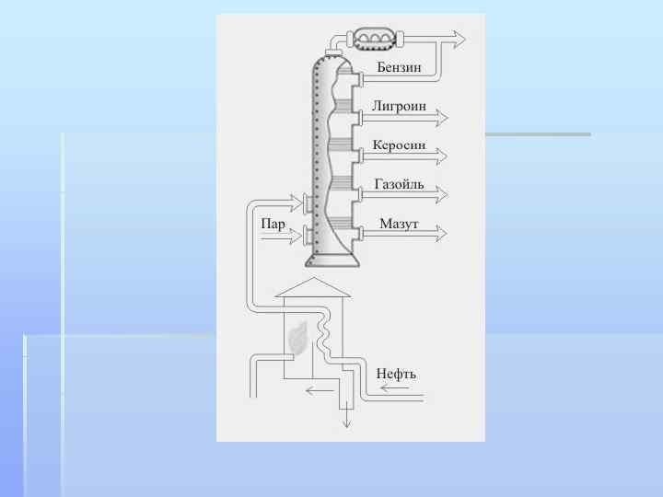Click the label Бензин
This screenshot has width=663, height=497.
click(x=399, y=68)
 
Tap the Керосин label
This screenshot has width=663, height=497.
click(x=399, y=145)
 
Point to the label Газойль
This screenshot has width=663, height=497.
click(x=399, y=184)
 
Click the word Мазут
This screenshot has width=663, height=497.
click(x=399, y=225)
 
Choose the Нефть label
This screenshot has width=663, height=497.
click(x=396, y=374)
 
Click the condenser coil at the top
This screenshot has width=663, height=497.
click(x=375, y=38)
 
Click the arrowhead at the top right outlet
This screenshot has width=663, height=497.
click(x=458, y=39)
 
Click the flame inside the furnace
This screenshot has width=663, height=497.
click(x=297, y=339)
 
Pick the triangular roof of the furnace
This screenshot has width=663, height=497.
click(x=314, y=287)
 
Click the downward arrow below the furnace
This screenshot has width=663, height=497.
click(x=347, y=419)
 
